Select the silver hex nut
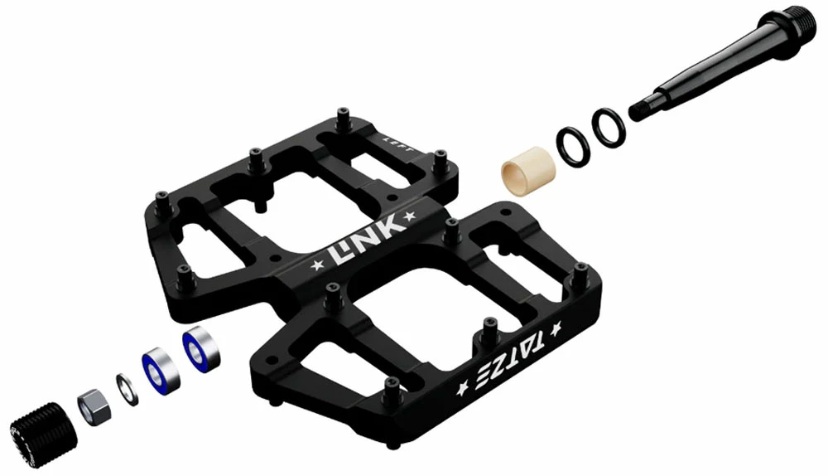(92, 403)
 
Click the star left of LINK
(316, 266)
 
